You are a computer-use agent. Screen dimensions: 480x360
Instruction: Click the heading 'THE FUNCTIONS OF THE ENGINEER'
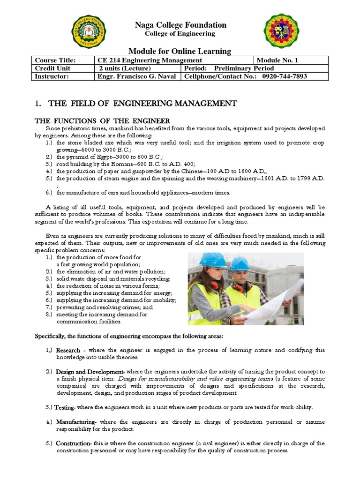click(103, 121)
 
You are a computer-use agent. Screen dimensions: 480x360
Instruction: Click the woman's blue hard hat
click(213, 260)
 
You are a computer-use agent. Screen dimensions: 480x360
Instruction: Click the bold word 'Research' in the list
click(68, 351)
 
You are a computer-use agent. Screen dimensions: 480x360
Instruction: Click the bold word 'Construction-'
click(74, 443)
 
